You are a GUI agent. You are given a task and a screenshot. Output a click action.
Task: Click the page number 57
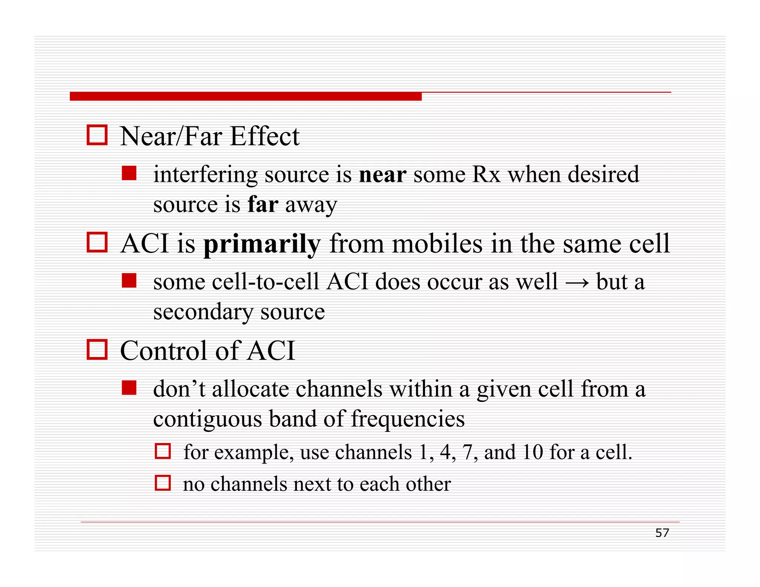click(x=662, y=533)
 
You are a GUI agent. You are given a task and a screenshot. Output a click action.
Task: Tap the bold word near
click(x=383, y=174)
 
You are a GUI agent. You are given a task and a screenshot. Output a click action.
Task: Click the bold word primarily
click(x=262, y=245)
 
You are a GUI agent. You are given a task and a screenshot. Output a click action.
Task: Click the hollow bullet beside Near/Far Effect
click(x=97, y=135)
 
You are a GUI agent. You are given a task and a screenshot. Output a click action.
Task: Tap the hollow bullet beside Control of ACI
click(x=97, y=350)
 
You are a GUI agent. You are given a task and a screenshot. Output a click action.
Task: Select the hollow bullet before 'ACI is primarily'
click(x=97, y=242)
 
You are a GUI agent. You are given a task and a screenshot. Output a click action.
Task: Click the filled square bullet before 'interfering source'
click(x=129, y=173)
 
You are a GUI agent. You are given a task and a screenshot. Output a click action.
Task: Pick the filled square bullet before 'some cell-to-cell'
click(x=129, y=281)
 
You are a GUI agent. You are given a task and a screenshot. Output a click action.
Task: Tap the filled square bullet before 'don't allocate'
click(x=129, y=388)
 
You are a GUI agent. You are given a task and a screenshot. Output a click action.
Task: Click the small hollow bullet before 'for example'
click(x=163, y=451)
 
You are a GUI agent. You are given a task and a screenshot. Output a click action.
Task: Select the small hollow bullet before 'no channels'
click(x=163, y=483)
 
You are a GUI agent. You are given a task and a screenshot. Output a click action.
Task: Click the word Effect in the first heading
click(x=265, y=136)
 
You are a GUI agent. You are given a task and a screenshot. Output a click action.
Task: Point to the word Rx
click(x=486, y=174)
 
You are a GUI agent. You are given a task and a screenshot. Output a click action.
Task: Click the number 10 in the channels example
click(x=533, y=452)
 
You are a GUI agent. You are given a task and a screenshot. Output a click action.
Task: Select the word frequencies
click(x=407, y=419)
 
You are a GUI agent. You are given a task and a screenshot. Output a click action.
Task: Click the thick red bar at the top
click(x=245, y=96)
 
